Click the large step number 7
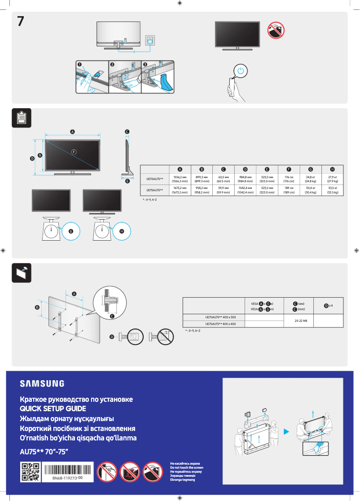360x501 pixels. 21,21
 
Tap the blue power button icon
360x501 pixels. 241,71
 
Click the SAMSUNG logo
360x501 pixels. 42,383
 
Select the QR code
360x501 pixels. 31,473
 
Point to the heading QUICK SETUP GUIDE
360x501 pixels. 53,409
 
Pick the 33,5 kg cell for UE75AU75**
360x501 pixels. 332,190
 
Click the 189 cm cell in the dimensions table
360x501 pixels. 289,190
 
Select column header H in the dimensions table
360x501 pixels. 332,169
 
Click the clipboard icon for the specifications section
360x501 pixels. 21,117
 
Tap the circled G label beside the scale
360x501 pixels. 70,231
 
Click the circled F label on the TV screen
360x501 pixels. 74,151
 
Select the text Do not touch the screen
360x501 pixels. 186,468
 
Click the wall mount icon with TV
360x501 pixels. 21,272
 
